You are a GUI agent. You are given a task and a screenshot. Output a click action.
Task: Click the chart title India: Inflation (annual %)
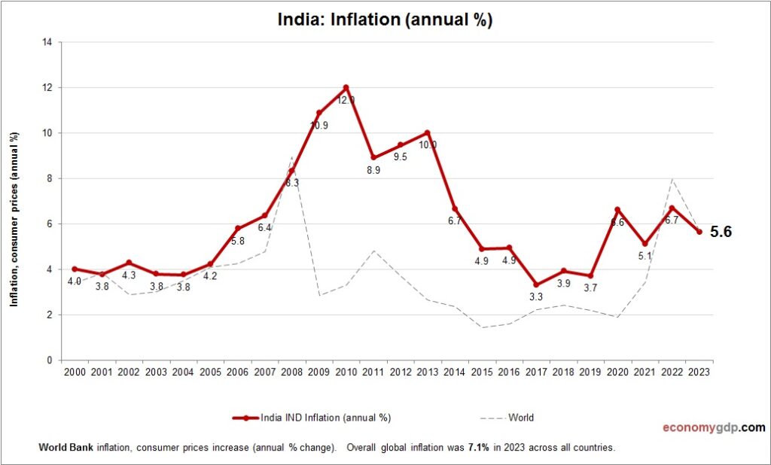tap(385, 20)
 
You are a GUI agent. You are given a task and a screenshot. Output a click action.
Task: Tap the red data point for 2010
tap(346, 87)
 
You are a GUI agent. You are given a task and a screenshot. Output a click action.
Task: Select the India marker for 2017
tap(535, 285)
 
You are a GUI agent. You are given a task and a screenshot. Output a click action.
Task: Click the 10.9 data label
tap(318, 126)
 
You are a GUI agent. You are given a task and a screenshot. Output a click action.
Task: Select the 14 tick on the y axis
tap(47, 42)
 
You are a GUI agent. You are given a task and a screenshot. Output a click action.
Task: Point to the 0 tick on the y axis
tap(49, 360)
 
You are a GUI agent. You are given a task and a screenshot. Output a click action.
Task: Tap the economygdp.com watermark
tap(713, 427)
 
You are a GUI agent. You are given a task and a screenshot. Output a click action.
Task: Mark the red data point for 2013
tap(427, 132)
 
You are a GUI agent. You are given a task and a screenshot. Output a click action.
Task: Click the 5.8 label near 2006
tap(237, 241)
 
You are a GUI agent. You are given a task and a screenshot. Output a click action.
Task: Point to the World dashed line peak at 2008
tap(292, 157)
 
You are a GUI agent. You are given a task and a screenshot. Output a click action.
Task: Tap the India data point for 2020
tap(617, 210)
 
